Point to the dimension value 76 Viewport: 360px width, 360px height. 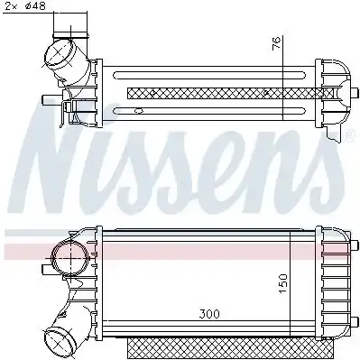click(x=277, y=42)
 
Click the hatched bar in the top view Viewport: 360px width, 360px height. click(x=217, y=91)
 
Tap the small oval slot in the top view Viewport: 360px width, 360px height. click(x=138, y=112)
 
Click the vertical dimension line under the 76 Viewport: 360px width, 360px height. click(x=284, y=90)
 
